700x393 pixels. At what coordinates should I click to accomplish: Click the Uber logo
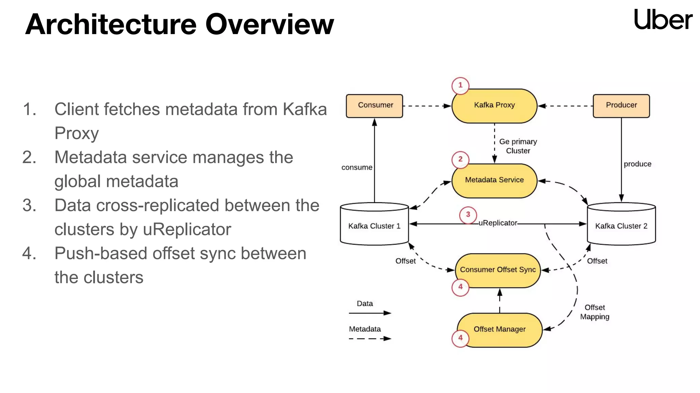(x=663, y=20)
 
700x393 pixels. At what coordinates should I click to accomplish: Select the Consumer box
(x=375, y=106)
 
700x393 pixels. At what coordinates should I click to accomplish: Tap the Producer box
(x=621, y=106)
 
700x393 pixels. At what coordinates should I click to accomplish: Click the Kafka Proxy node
(x=494, y=106)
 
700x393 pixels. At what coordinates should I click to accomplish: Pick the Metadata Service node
(x=494, y=180)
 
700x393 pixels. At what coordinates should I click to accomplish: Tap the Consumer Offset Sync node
(x=498, y=270)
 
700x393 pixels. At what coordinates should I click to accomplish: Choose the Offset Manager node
(x=499, y=330)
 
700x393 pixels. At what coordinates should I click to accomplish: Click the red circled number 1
(x=460, y=85)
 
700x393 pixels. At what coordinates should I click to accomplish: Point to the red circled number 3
(x=468, y=215)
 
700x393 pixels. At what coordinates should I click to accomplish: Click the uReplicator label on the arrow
(x=498, y=223)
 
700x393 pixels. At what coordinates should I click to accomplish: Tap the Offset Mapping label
(x=594, y=312)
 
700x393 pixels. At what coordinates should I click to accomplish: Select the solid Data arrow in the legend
(x=370, y=313)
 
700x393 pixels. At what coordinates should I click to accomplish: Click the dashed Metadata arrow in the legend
(x=370, y=338)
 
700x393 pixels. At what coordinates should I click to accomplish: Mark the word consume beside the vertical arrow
(x=356, y=168)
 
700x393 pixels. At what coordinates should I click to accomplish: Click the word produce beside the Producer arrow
(x=637, y=164)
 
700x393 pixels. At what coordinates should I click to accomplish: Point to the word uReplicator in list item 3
(x=187, y=230)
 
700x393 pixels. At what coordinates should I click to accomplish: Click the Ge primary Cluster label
(x=518, y=146)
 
